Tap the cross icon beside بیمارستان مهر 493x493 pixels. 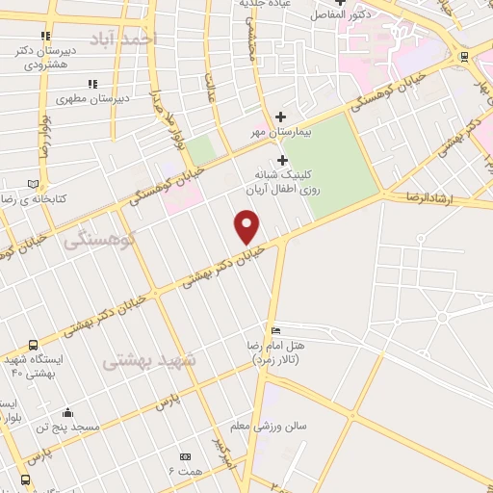coord(280,117)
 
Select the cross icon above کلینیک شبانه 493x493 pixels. coord(282,160)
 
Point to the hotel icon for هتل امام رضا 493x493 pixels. coord(277,330)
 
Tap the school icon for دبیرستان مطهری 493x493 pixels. coord(92,85)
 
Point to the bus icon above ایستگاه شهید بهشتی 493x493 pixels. coord(34,345)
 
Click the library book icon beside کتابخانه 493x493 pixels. coord(34,184)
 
